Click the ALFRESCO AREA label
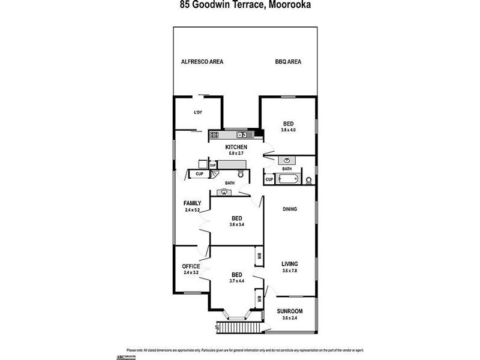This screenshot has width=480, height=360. tap(202, 61)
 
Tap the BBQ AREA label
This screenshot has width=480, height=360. tap(288, 61)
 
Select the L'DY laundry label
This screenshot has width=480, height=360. tap(197, 113)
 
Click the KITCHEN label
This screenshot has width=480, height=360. tap(236, 148)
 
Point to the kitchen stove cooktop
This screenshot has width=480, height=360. tap(216, 134)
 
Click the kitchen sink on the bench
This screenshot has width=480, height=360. tap(242, 134)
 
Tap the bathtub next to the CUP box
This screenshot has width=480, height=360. tap(290, 179)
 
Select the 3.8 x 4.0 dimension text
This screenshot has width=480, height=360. tap(289, 130)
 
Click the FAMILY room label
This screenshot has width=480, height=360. tap(193, 203)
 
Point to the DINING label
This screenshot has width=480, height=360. tap(290, 209)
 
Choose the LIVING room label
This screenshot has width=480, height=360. tap(290, 263)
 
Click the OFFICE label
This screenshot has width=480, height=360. tap(191, 266)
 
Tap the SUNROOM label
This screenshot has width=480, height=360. tap(290, 311)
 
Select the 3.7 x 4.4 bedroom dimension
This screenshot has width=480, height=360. tap(236, 281)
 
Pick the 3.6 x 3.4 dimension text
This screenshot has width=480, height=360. tap(236, 224)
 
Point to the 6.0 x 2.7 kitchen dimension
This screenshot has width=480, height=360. tap(236, 154)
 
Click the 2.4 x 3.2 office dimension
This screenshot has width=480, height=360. tap(191, 273)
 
